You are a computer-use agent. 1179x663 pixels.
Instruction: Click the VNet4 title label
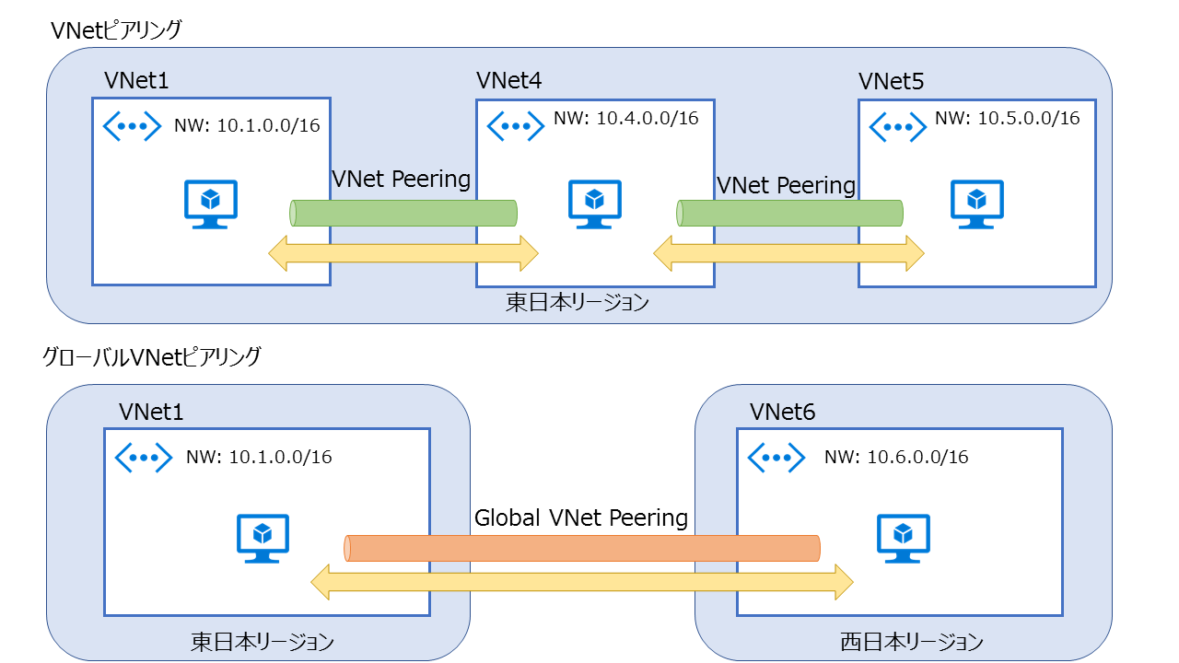coord(508,81)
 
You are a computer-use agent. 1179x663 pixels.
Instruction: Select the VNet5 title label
coord(890,82)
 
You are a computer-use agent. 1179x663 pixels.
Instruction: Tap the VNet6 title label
coord(782,412)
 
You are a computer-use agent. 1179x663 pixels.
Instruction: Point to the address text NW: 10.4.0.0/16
coord(625,118)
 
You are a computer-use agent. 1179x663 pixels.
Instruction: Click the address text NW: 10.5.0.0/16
coord(1007,118)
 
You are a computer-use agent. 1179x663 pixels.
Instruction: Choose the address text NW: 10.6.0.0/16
coord(895,457)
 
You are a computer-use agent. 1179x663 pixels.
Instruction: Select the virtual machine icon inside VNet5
coord(976,204)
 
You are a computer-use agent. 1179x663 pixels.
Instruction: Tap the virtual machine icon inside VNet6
coord(903,538)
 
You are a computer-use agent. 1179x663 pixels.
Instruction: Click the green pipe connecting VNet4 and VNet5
coord(789,213)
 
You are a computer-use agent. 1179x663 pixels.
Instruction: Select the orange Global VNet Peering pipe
coord(582,548)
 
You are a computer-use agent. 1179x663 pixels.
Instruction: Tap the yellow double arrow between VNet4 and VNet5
coord(788,252)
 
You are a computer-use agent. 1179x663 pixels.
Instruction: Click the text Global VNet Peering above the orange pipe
coord(581,518)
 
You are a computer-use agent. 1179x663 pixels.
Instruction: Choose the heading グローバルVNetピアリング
coord(152,355)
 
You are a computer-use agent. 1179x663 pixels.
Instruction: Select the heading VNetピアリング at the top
coord(117,29)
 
